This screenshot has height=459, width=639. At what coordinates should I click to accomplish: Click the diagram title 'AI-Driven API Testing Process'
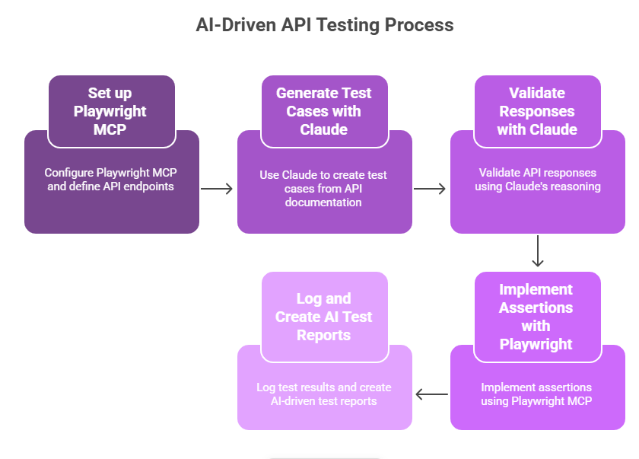point(325,24)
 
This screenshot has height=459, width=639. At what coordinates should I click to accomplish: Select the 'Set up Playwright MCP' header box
point(111,111)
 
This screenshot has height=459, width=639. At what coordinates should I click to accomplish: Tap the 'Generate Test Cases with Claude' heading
point(324,111)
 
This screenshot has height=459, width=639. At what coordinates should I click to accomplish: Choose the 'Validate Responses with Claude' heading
point(537,111)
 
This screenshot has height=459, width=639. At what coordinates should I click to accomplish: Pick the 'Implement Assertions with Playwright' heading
point(536,317)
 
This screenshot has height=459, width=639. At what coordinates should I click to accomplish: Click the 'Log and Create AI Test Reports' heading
point(324,317)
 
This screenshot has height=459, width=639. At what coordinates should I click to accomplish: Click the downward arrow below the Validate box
point(538,251)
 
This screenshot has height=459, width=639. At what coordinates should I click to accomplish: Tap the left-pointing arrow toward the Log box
point(431,394)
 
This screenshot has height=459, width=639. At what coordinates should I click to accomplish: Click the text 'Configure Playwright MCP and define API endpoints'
point(111,180)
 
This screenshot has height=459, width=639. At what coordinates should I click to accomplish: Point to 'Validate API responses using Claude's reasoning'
point(537,180)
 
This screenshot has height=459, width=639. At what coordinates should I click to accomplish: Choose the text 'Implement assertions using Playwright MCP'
point(536,394)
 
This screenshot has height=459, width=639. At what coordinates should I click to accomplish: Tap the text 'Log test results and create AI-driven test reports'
point(324,394)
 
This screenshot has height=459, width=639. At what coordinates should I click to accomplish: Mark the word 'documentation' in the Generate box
point(323,202)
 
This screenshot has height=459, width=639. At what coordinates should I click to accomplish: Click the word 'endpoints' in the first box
point(151,186)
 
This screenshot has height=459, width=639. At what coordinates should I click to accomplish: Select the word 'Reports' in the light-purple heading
point(324,335)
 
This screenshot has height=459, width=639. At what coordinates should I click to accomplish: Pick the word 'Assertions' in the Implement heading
point(536,308)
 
